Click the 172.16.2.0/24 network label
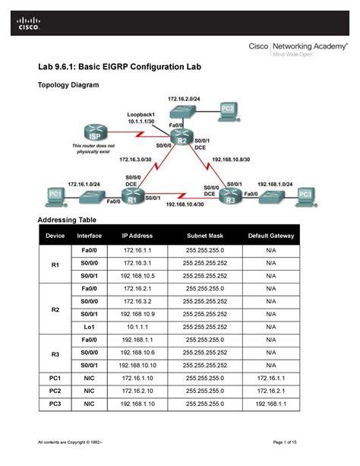tap(184, 100)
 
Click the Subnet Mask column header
tap(204, 236)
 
